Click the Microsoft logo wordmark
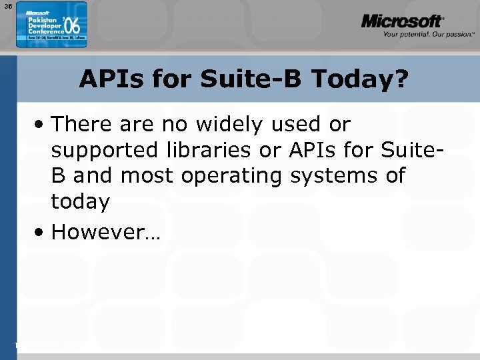(401, 21)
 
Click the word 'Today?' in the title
(360, 79)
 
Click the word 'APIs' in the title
(113, 79)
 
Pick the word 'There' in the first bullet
(80, 124)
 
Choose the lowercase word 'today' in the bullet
(80, 202)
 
